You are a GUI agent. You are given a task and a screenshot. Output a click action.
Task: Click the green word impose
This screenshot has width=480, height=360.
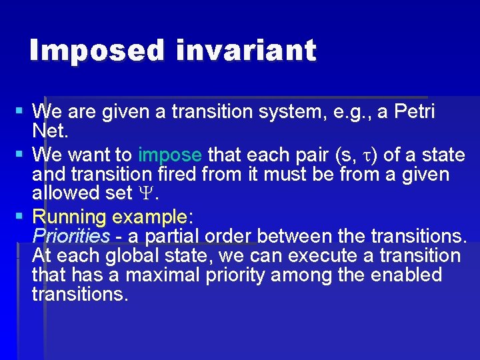tap(170, 155)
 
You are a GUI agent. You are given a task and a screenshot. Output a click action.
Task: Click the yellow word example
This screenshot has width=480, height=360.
tap(150, 217)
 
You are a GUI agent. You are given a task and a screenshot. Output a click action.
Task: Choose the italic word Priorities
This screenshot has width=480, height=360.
tap(71, 236)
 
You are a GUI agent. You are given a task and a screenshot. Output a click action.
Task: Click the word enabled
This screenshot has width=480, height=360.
tap(407, 275)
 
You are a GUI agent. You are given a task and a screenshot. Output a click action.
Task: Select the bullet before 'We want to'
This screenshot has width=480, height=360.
tap(21, 153)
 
